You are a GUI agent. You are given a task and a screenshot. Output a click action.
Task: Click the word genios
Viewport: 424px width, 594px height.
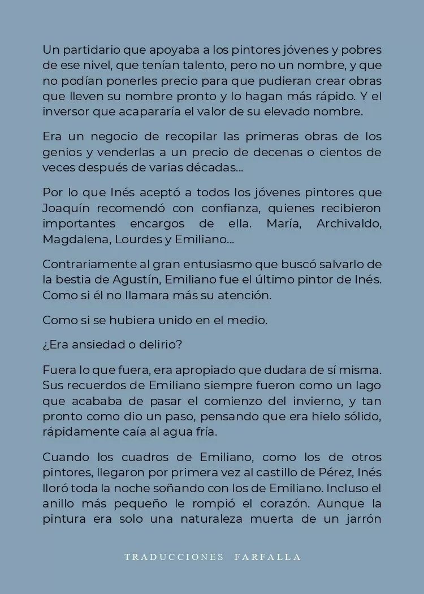pos(60,152)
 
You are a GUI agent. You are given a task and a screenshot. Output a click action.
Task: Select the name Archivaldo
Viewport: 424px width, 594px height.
pos(349,223)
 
